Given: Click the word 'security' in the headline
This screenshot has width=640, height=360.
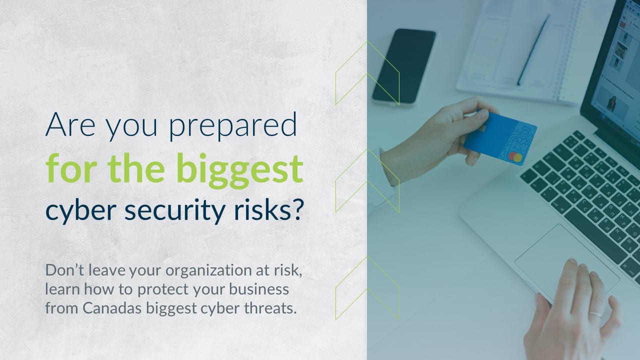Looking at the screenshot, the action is tap(175, 211).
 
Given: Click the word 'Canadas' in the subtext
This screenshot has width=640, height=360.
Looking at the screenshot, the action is tap(112, 308).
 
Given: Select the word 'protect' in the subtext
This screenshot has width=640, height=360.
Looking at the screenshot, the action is tap(163, 289).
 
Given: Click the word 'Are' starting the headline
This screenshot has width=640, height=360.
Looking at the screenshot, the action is tap(70, 124).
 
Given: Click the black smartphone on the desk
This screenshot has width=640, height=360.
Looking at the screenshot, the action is tap(403, 66).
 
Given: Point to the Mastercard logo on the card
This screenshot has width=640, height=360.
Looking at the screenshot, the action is tap(515, 157).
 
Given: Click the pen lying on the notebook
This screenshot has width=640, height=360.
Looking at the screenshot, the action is tap(533, 49).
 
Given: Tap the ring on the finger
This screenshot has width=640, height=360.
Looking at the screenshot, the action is tap(596, 313).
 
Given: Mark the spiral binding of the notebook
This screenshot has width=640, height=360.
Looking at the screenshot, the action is tap(568, 51).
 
